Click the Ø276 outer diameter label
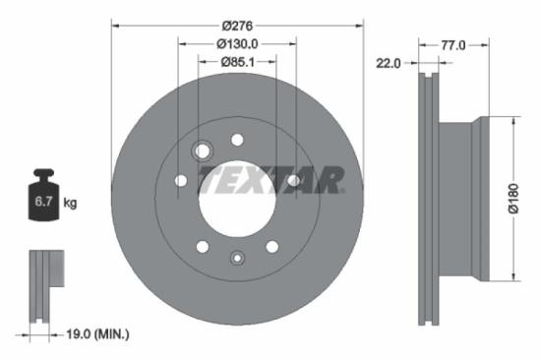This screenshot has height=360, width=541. (237, 24)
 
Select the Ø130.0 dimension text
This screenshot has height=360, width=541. (237, 43)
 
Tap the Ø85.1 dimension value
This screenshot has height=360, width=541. (237, 63)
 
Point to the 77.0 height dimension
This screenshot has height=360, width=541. (452, 44)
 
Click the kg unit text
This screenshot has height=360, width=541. (71, 204)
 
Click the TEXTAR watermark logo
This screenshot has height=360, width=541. (271, 180)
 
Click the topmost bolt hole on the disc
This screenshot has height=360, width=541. (237, 140)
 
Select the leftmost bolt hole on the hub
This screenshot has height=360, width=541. (180, 181)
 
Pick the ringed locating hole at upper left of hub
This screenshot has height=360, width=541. (204, 151)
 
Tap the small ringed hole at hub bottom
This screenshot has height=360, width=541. (236, 259)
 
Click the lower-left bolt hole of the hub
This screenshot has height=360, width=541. (202, 246)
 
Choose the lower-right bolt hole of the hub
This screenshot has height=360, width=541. (272, 246)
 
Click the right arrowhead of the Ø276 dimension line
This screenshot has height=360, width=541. (360, 24)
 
